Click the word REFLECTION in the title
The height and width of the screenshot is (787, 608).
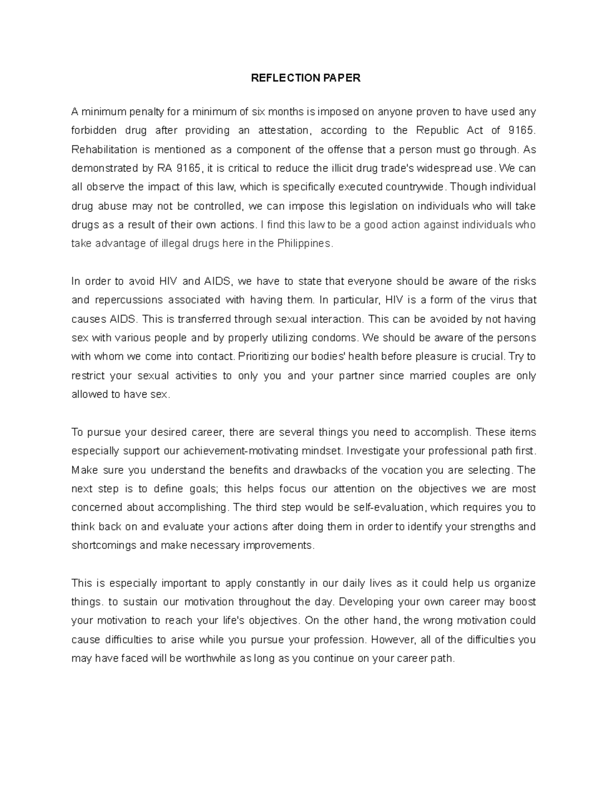coord(277,78)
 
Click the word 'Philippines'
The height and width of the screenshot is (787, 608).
coord(304,243)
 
